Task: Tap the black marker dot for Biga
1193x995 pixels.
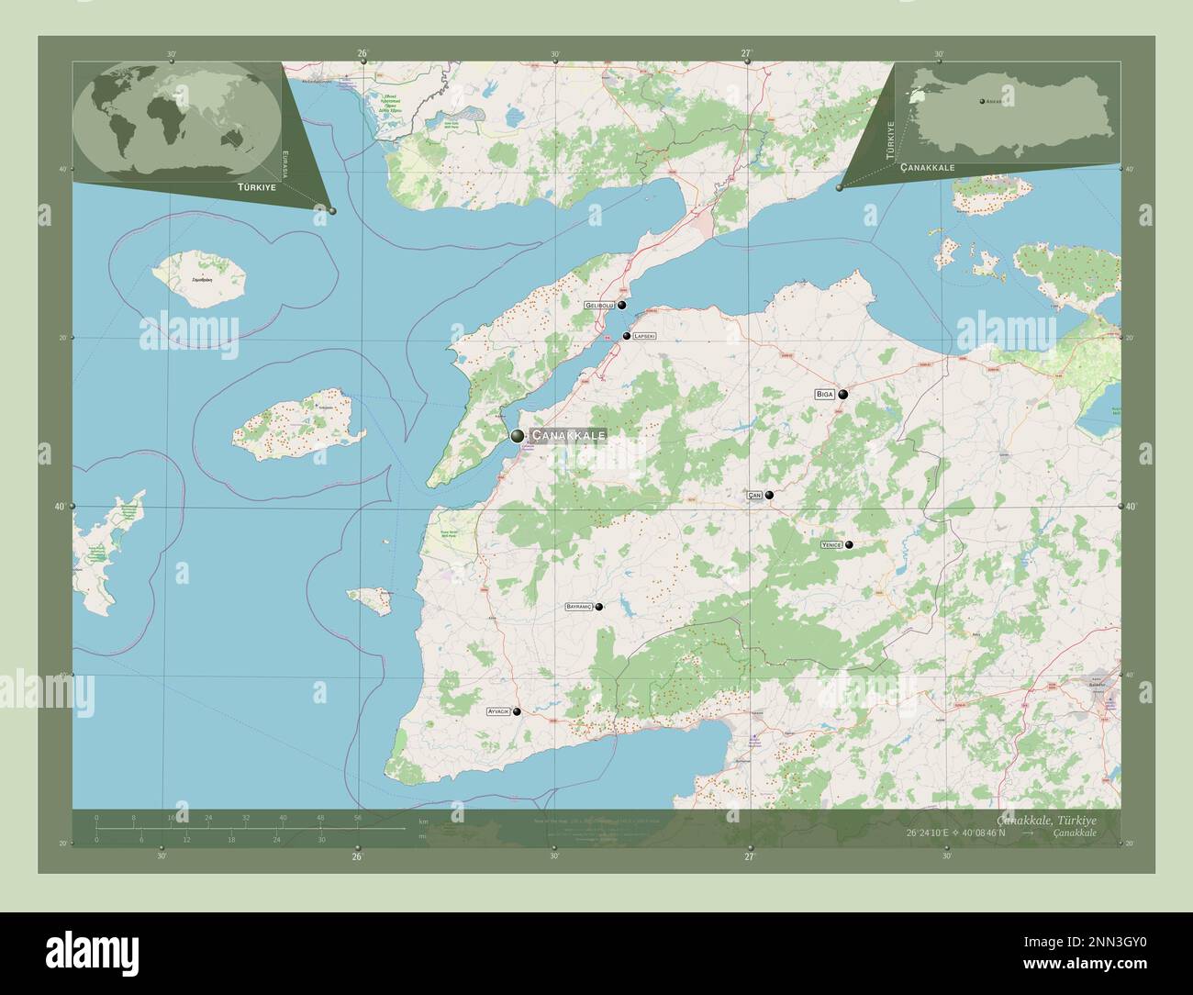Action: pos(842,395)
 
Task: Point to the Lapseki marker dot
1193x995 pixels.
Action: pos(627,336)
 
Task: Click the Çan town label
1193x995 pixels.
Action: pos(754,496)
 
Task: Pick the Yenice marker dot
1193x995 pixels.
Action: pos(849,545)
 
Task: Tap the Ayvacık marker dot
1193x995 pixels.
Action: pos(517,711)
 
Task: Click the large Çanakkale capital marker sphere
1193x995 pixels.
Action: pos(518,435)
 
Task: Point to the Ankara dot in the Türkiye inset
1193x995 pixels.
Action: pos(981,101)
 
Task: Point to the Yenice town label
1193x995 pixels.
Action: pos(831,545)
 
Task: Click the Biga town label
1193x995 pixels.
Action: pos(823,395)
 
